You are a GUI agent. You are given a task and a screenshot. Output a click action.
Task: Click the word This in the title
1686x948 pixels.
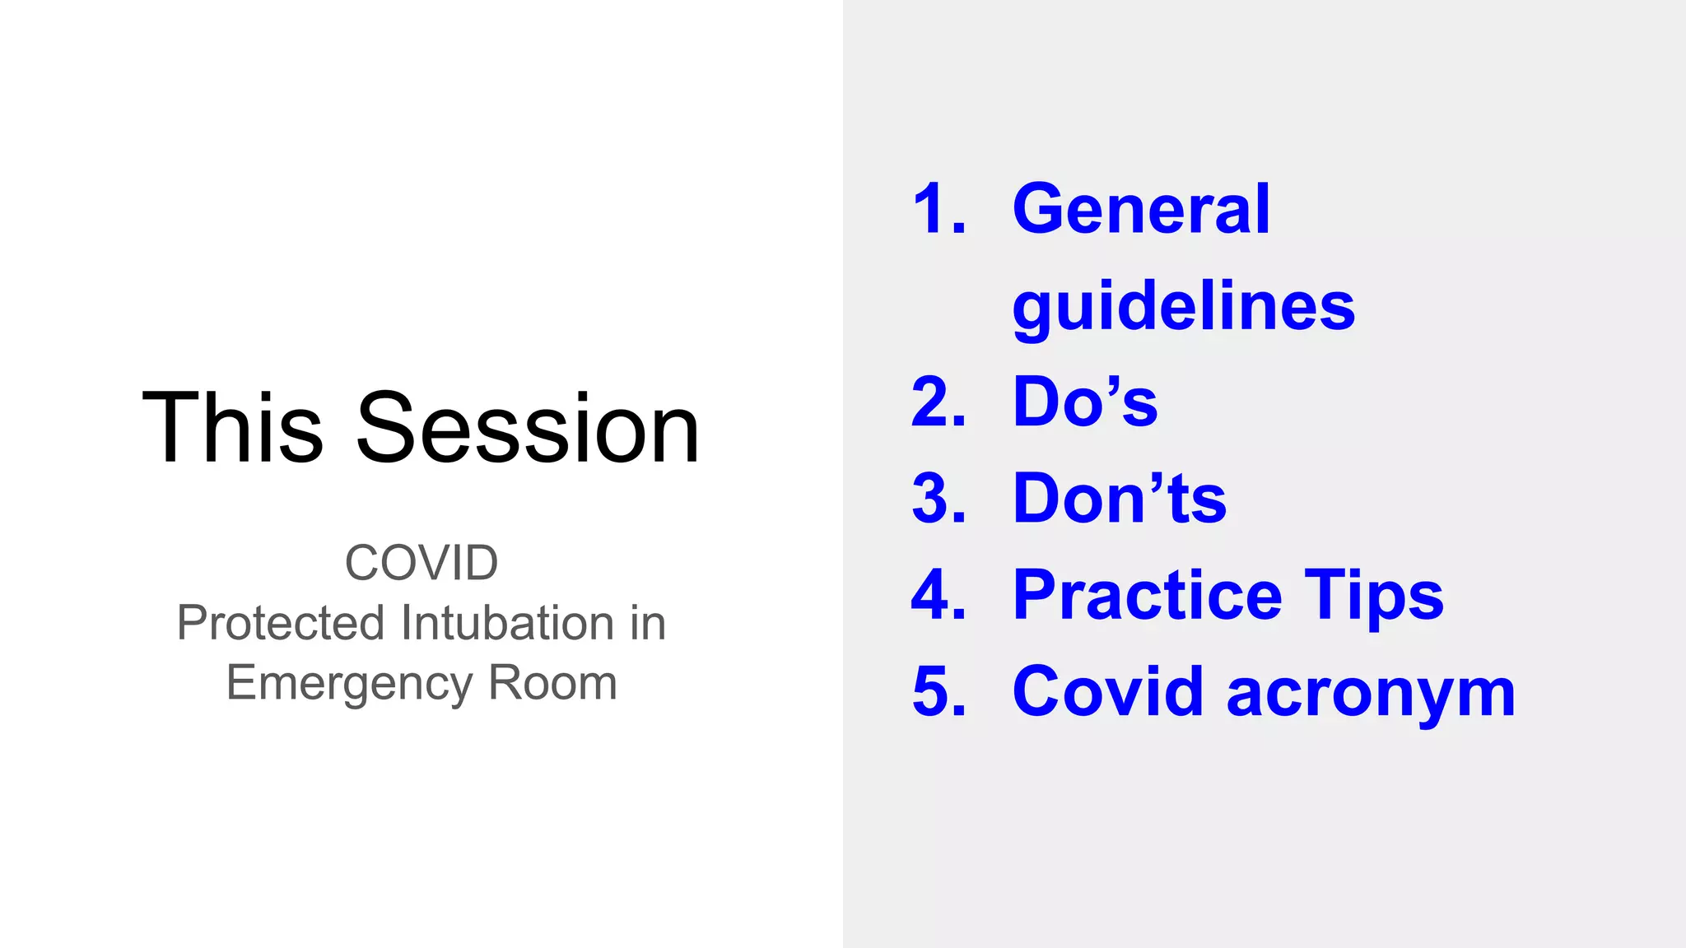(x=232, y=428)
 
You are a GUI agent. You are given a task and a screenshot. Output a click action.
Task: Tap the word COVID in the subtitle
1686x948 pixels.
(x=421, y=563)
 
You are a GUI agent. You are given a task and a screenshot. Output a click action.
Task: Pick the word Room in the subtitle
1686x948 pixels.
(x=552, y=683)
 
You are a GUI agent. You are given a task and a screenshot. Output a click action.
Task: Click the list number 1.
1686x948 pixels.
(x=938, y=209)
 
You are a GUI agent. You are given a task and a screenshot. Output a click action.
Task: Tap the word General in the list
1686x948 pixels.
(x=1141, y=209)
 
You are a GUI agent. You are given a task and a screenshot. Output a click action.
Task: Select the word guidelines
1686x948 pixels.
(x=1183, y=306)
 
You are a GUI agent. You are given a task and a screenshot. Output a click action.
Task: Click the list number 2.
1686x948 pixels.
(x=938, y=402)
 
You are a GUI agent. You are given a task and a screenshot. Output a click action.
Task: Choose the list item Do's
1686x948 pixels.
(x=1085, y=402)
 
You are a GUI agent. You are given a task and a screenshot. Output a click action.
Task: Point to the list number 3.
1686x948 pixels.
(x=938, y=499)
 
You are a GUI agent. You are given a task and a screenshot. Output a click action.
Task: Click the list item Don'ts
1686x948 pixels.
(x=1120, y=499)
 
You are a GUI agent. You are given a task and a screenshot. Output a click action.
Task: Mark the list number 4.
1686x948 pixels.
(x=938, y=595)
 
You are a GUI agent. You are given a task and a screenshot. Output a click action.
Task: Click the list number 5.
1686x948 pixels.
(x=938, y=691)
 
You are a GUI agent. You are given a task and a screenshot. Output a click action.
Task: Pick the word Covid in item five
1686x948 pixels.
(x=1107, y=691)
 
